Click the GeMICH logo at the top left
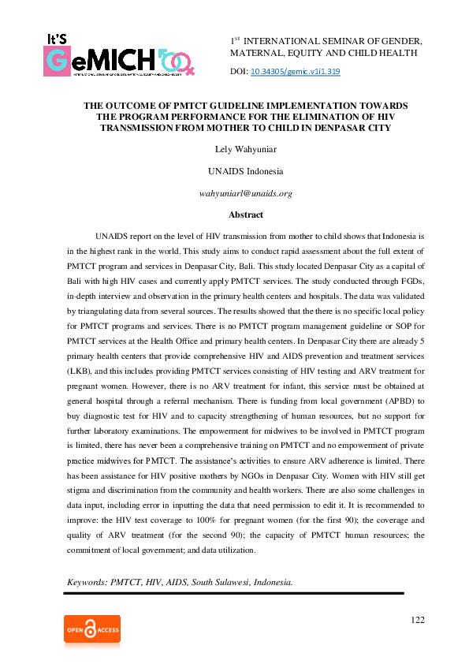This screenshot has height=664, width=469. pos(119,55)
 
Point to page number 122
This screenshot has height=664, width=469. pos(418,620)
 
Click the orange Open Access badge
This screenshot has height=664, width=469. pos(92,630)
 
